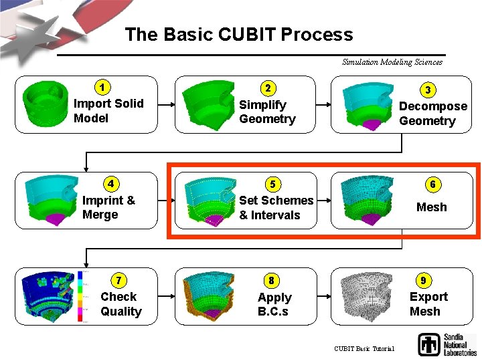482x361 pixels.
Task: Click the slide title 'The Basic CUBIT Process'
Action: pyautogui.click(x=238, y=35)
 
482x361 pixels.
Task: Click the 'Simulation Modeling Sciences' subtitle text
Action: pyautogui.click(x=392, y=62)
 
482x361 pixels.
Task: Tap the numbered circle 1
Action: pyautogui.click(x=102, y=87)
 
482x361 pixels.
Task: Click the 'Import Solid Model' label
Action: pyautogui.click(x=108, y=110)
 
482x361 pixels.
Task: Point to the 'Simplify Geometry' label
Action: pyautogui.click(x=267, y=112)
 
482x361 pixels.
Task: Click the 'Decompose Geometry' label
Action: pyautogui.click(x=432, y=114)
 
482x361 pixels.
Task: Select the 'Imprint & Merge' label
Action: pyautogui.click(x=108, y=207)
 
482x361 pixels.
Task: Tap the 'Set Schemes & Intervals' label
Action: pyautogui.click(x=275, y=207)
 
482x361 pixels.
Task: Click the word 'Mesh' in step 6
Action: pyautogui.click(x=431, y=207)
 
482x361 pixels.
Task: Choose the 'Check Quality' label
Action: pyautogui.click(x=120, y=304)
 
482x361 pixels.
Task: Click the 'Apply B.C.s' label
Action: pyautogui.click(x=274, y=304)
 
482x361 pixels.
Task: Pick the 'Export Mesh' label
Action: pyautogui.click(x=428, y=304)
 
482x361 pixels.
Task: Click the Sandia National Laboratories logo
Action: pyautogui.click(x=447, y=344)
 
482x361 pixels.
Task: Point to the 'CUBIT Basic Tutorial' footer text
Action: pyautogui.click(x=364, y=348)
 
